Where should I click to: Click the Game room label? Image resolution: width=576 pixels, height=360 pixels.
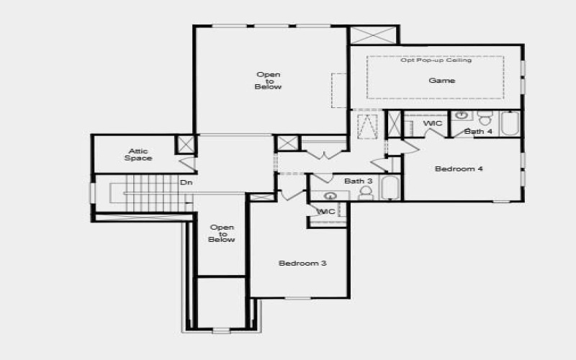point(441,81)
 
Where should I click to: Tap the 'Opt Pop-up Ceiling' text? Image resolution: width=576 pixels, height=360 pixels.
point(436,60)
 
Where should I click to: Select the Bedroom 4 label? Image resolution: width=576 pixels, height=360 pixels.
point(459,169)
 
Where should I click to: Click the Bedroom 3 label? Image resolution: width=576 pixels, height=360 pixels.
point(302,264)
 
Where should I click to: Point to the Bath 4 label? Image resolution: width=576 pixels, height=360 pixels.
point(478,132)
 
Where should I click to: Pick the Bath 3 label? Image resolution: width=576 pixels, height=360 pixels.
point(358,181)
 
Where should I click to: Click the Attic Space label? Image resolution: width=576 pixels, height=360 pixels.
point(138,155)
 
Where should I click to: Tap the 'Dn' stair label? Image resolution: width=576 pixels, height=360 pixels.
point(186,182)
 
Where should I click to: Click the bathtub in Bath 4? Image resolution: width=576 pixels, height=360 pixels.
point(510,124)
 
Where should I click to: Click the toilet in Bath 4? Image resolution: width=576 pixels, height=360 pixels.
point(485,117)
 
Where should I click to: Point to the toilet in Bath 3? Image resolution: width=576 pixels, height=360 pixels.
point(366,193)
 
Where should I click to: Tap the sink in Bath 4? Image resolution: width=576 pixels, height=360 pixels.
point(462,115)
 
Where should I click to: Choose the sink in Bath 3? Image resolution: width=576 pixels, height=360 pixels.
point(331,195)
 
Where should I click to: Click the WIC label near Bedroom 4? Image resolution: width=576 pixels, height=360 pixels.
point(433,124)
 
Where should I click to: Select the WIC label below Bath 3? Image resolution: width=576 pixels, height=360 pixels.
point(326,212)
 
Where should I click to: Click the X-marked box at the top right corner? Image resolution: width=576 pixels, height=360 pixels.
point(373,35)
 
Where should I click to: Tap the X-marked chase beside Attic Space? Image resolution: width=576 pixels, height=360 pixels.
point(186,143)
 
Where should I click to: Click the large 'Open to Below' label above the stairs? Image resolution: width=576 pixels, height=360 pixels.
point(268,81)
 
